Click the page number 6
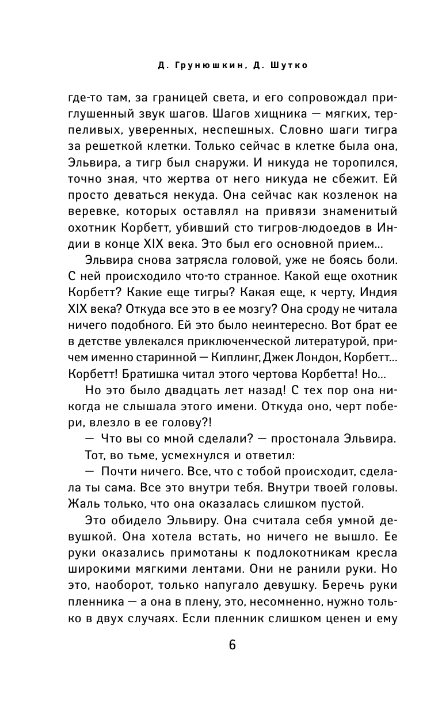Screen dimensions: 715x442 coord(232,645)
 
